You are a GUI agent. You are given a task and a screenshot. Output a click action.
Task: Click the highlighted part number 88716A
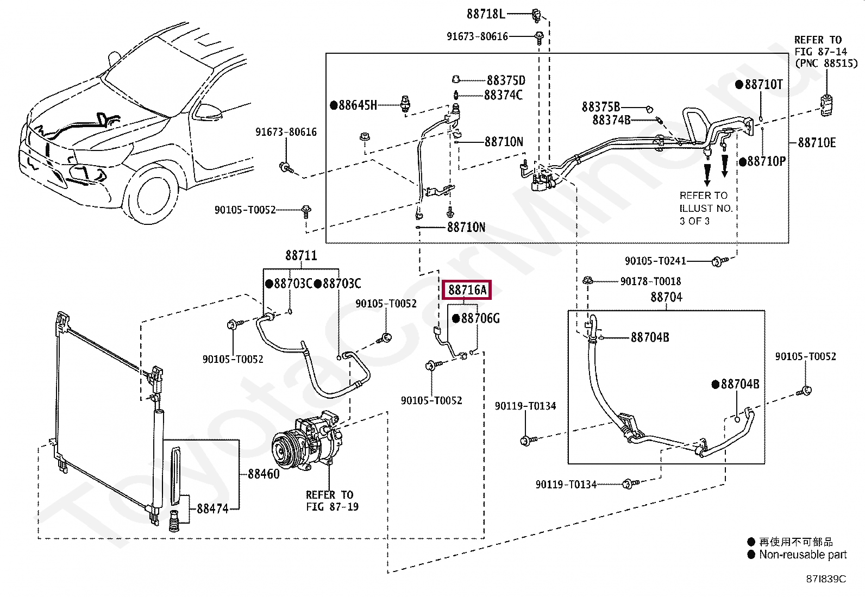pyautogui.click(x=467, y=290)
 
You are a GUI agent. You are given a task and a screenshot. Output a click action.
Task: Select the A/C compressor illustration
pyautogui.click(x=307, y=440)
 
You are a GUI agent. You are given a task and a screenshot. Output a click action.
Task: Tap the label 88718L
pyautogui.click(x=486, y=14)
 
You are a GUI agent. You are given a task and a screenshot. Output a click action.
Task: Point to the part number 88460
pyautogui.click(x=264, y=474)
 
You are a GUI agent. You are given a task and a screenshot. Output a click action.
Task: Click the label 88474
pyautogui.click(x=213, y=508)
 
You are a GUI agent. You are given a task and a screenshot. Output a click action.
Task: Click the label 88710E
pyautogui.click(x=817, y=143)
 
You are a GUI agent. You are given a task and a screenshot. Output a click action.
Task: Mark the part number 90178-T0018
pyautogui.click(x=651, y=281)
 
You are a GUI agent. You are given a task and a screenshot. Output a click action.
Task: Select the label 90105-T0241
pyautogui.click(x=655, y=261)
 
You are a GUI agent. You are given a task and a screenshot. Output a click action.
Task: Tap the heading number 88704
pyautogui.click(x=667, y=297)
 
